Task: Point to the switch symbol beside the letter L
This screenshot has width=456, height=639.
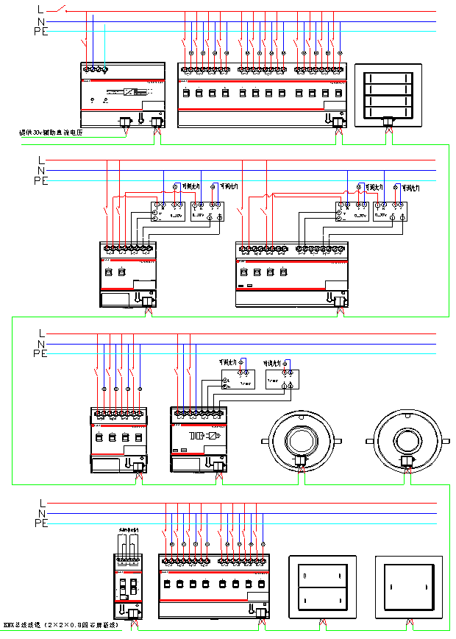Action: [x=64, y=10]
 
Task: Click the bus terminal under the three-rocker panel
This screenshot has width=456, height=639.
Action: [x=388, y=122]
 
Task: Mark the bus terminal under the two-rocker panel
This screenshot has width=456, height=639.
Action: [x=322, y=623]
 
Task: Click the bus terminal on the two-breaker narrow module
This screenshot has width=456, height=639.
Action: [x=133, y=613]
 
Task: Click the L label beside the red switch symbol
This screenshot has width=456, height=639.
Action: [x=40, y=9]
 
